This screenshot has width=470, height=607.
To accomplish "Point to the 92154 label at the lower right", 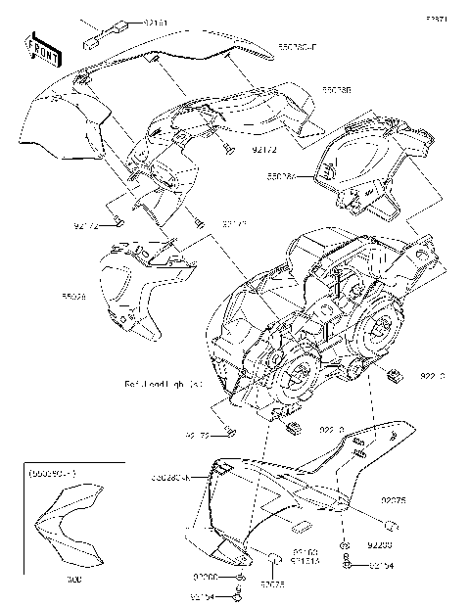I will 383,565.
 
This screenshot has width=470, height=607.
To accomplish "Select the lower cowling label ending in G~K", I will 176,477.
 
